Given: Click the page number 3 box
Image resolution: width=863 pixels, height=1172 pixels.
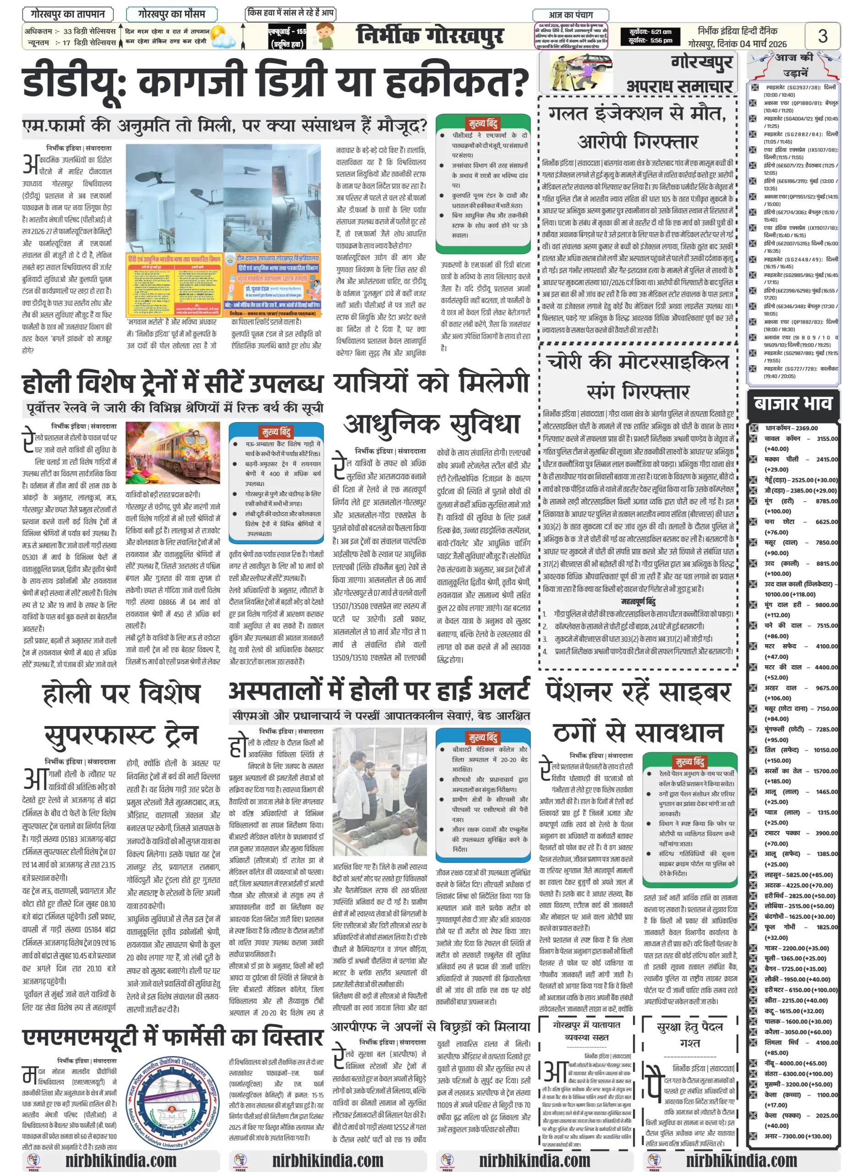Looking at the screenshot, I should pyautogui.click(x=822, y=36).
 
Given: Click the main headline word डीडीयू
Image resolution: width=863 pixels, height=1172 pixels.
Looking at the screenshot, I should pyautogui.click(x=73, y=82).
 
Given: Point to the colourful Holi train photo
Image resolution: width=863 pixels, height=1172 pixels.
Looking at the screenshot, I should pyautogui.click(x=172, y=453).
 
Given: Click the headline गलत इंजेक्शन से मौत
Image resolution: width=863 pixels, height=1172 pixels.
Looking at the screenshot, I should pyautogui.click(x=637, y=113).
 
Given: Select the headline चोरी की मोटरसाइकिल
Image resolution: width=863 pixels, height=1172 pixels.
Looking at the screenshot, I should pyautogui.click(x=637, y=362).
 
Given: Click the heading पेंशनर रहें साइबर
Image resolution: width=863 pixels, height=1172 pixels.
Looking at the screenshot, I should pyautogui.click(x=638, y=692).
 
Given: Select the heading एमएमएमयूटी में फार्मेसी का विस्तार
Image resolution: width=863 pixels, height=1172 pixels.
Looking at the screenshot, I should pyautogui.click(x=172, y=1037).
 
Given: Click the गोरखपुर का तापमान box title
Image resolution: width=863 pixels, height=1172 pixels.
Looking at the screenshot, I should pyautogui.click(x=67, y=14).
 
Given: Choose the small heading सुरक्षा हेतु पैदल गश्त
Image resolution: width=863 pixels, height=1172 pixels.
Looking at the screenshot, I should pyautogui.click(x=689, y=1035).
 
